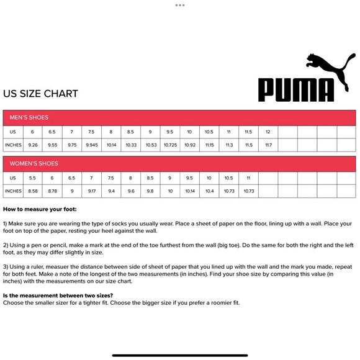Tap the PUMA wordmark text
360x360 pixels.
coord(296,89)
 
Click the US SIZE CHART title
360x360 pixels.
coord(41,94)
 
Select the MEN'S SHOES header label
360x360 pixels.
coord(29,117)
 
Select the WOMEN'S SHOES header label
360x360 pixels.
coord(34,163)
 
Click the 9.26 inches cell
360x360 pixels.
coord(33,145)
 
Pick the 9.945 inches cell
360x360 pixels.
coord(91,145)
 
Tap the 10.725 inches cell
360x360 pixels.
coord(170,145)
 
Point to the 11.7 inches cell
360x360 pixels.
coord(268,145)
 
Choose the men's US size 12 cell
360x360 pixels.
coord(268,132)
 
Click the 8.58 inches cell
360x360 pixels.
coord(33,191)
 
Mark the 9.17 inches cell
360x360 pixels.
coord(91,191)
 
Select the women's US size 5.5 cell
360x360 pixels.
coord(33,178)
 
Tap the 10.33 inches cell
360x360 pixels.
coord(131,145)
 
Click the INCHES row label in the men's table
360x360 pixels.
coord(13,145)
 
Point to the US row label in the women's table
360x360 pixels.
coord(13,178)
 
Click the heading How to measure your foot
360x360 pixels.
coord(40,210)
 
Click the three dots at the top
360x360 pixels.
coord(180,5)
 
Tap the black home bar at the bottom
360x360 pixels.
coord(180,355)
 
